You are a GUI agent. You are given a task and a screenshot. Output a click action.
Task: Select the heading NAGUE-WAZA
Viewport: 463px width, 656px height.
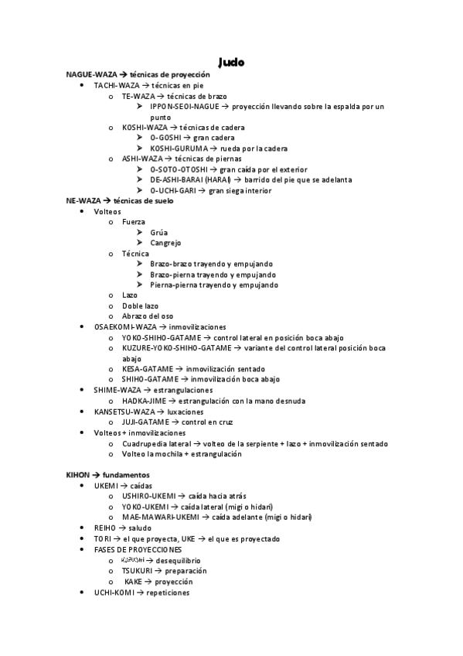coord(92,73)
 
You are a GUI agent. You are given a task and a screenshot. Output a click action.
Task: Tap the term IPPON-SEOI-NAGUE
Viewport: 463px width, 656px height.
coord(185,106)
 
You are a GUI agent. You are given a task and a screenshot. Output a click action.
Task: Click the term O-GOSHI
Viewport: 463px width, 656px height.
coord(166,138)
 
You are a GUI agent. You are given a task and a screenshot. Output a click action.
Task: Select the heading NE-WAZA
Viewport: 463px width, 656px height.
coord(82,200)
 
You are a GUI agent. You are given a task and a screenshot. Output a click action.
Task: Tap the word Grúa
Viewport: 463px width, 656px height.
coord(158,232)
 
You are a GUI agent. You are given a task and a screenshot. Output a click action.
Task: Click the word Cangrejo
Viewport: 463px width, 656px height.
coord(166,243)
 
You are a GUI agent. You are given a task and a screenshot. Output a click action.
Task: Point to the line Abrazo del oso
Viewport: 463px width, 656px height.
coord(148,316)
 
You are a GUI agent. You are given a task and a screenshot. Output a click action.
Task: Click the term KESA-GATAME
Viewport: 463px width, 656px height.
coord(148,369)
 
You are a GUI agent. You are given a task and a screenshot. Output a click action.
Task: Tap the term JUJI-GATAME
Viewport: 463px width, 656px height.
coord(145,422)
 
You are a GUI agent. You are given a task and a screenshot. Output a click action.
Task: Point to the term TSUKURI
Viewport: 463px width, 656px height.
coord(138,570)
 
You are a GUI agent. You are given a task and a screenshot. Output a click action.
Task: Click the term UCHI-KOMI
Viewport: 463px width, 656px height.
coord(114,592)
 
